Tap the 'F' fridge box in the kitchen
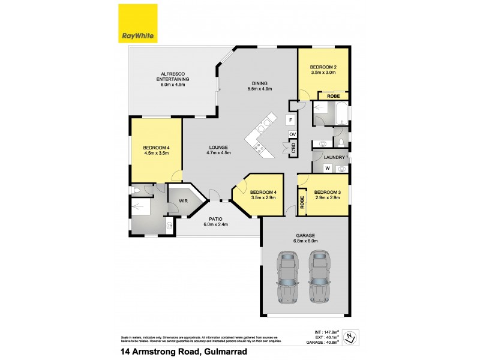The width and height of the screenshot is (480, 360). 290,119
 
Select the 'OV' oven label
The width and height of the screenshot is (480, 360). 292,134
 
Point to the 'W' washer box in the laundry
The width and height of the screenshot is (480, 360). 328,169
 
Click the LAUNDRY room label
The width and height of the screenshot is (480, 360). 334,157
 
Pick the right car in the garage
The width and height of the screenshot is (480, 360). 320,277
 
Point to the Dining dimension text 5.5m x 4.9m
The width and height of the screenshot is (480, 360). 260,89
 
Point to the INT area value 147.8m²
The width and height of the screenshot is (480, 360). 327,331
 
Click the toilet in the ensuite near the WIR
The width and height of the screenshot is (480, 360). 138,191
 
